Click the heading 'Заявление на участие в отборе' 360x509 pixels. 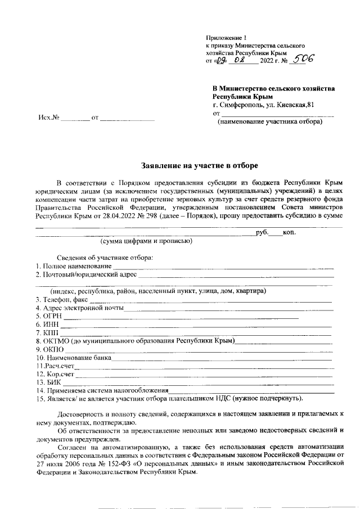coord(199,165)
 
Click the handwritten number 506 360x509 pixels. coord(301,58)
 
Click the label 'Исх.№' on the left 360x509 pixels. coord(49,118)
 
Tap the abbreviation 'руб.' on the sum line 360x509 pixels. coord(262,232)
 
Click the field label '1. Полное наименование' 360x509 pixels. coord(73,266)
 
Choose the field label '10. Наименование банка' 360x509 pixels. coord(73,358)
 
